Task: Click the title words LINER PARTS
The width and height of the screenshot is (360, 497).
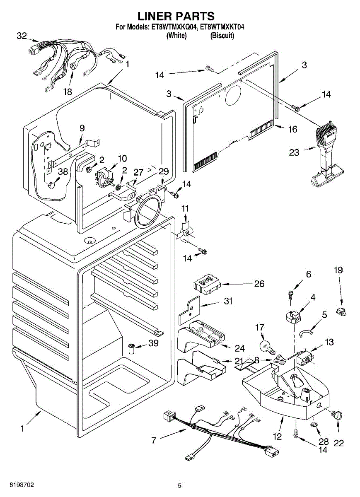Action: coord(176,16)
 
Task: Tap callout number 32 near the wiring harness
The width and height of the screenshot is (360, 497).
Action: coord(22,36)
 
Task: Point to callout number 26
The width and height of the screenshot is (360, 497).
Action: coord(259,284)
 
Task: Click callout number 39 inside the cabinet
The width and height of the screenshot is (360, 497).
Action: coord(154,343)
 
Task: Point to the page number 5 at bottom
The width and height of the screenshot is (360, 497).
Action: coord(179,485)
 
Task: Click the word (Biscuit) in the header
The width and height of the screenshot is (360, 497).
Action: coord(222,36)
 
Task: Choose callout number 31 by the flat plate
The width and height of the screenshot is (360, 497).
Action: coord(228,302)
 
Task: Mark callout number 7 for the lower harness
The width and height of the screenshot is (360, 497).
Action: coord(154,440)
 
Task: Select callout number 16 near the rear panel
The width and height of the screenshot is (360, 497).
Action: coord(292,129)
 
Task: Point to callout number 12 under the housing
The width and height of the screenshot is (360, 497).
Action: coord(277,436)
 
